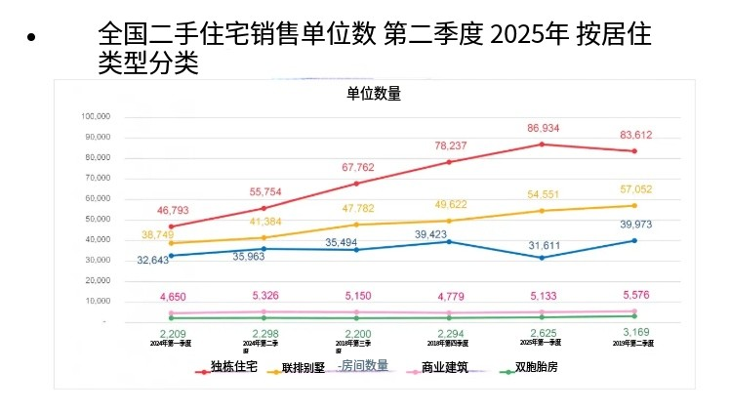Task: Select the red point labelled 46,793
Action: coord(172,227)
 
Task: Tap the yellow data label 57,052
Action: coord(635,189)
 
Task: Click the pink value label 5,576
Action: coord(635,295)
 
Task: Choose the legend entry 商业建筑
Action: coord(444,368)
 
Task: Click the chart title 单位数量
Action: coord(374,94)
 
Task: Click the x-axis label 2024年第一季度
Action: coord(172,344)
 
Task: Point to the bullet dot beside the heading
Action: coord(31,37)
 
